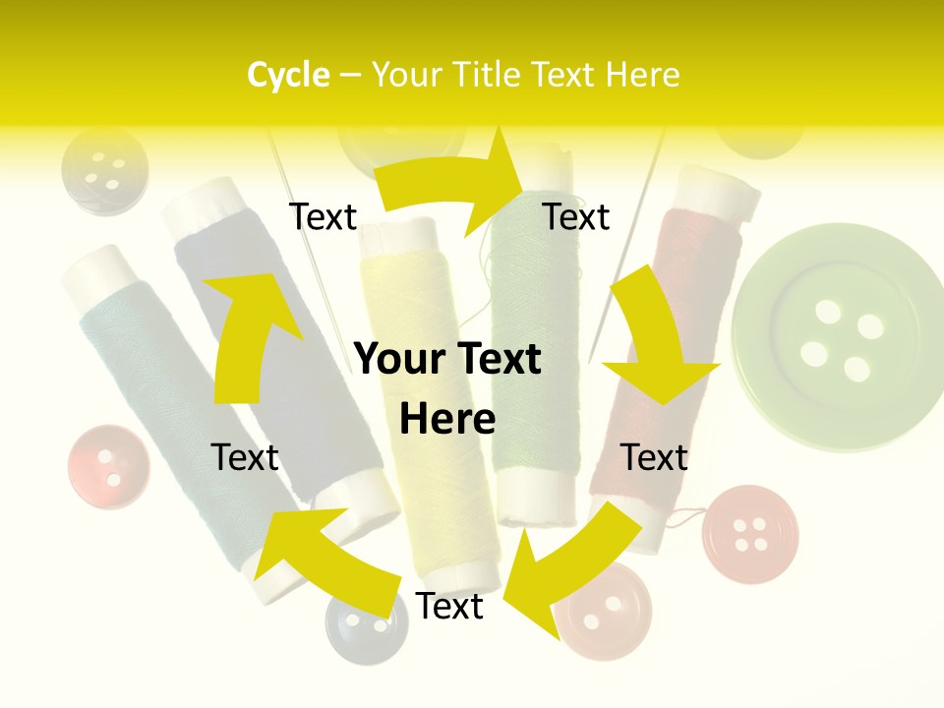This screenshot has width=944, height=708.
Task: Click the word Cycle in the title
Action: tap(288, 75)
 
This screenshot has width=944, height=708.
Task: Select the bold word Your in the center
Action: tap(400, 360)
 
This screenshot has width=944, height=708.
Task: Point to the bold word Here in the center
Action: tap(447, 420)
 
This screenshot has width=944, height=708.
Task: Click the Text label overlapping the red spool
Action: tap(654, 457)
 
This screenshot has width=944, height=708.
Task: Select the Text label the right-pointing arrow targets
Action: tap(576, 216)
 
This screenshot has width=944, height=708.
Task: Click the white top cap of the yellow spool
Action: tap(398, 234)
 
